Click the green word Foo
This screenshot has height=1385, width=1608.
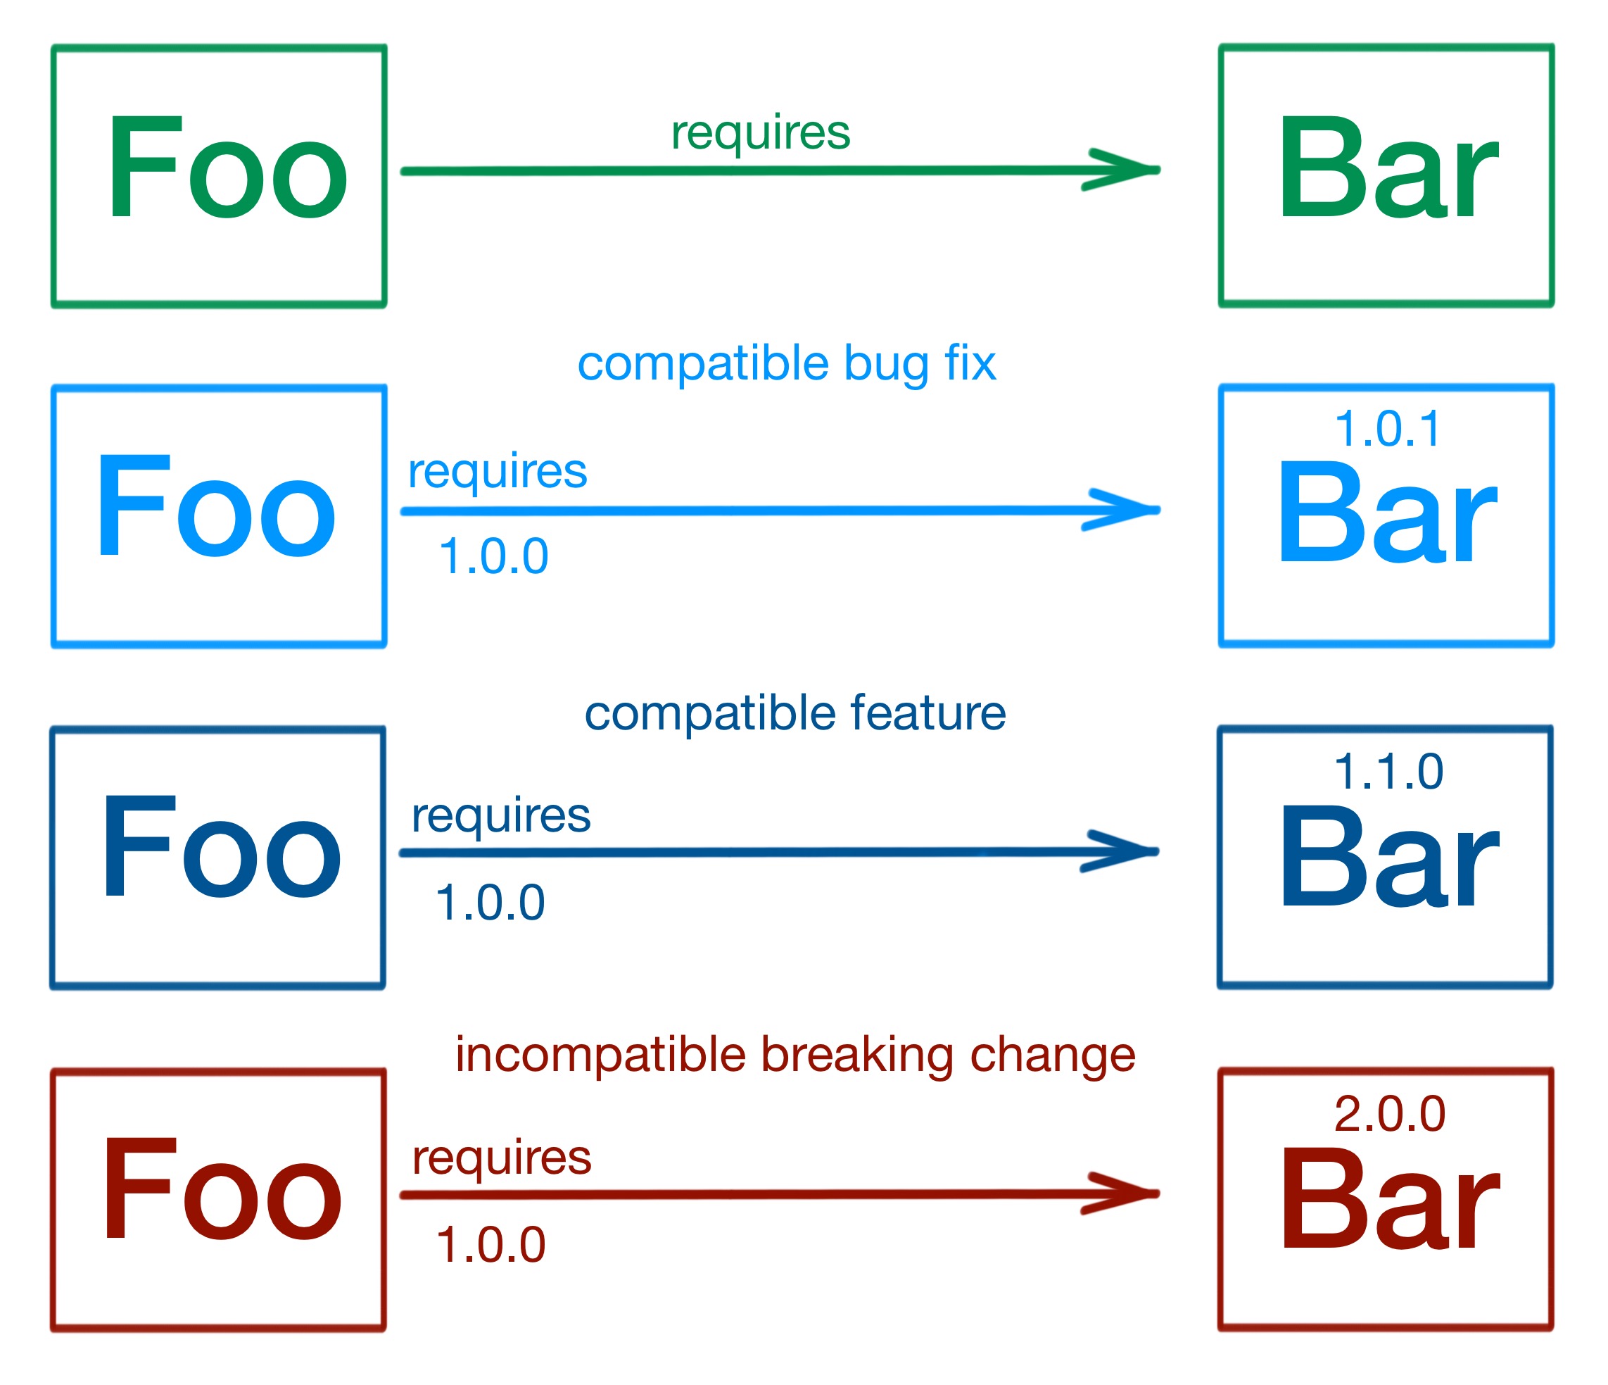point(227,168)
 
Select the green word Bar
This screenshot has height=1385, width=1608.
point(1387,168)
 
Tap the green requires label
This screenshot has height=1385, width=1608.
point(761,133)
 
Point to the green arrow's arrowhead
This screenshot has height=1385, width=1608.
point(1125,169)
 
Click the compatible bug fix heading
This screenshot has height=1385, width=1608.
point(786,363)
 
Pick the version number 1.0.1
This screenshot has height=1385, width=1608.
point(1387,429)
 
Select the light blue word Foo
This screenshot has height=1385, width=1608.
point(216,507)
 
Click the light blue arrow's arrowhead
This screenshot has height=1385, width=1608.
point(1125,509)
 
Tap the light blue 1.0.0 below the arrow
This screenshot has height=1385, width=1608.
point(493,557)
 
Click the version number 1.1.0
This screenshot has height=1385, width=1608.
point(1388,772)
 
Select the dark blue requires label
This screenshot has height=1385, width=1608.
point(500,816)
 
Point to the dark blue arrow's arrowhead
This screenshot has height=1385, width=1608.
point(1124,852)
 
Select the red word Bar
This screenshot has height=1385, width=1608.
point(1388,1198)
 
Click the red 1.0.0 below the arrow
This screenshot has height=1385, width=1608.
point(490,1244)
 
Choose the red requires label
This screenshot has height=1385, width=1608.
point(501,1158)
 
